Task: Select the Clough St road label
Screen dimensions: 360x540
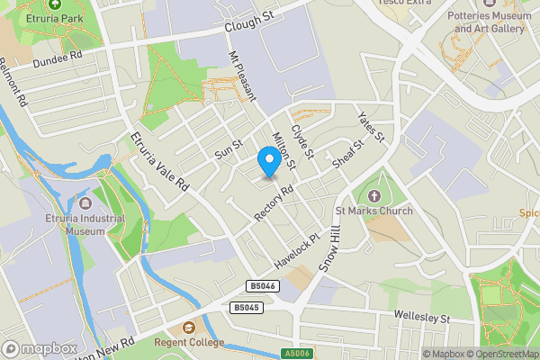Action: point(249,21)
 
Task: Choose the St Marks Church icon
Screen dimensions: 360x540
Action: point(374,195)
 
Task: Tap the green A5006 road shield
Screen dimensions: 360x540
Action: point(293,354)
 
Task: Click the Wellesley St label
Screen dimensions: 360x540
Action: point(421,317)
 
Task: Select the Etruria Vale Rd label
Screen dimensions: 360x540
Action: point(159,161)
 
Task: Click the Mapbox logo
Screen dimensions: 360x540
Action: point(40,348)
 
